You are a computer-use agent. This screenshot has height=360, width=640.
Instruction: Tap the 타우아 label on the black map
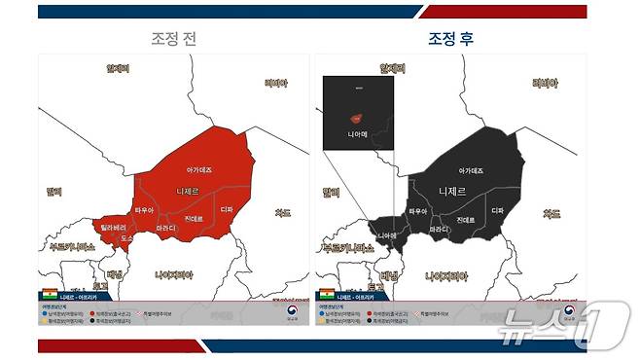[x=419, y=210]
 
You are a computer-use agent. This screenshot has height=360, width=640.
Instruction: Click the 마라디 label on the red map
[x=166, y=229]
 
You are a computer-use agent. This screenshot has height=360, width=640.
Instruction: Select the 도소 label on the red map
[x=126, y=237]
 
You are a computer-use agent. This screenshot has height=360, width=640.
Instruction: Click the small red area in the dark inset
[x=357, y=116]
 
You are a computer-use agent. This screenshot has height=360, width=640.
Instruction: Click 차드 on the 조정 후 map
[x=551, y=212]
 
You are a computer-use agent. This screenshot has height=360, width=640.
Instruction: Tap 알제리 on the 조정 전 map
[x=118, y=68]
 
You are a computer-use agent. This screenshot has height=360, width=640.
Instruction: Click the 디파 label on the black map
[x=497, y=210]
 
